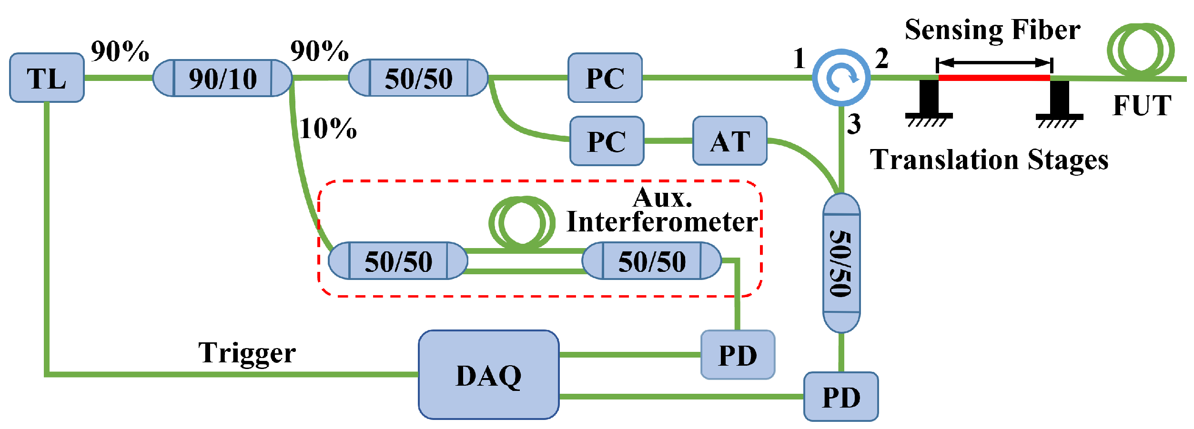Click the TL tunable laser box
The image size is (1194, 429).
click(x=47, y=78)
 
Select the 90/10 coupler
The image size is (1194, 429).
click(x=223, y=78)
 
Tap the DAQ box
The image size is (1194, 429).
click(x=488, y=375)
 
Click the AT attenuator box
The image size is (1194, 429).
click(x=729, y=141)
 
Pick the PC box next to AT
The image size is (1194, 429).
click(x=607, y=141)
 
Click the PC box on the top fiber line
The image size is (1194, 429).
click(x=605, y=78)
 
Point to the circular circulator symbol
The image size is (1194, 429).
click(x=841, y=77)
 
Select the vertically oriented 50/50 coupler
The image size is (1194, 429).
click(x=841, y=263)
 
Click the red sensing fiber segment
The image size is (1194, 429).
click(x=994, y=78)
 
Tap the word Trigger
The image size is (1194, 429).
click(x=247, y=353)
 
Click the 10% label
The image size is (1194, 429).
click(x=328, y=129)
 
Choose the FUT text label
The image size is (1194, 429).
click(x=1142, y=105)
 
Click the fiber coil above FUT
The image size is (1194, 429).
click(x=1141, y=49)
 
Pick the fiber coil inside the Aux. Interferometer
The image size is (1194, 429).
click(x=522, y=222)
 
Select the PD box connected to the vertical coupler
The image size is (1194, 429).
click(x=841, y=397)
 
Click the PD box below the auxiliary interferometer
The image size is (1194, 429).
click(x=738, y=355)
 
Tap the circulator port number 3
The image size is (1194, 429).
click(x=854, y=124)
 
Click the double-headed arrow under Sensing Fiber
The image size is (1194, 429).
click(x=994, y=62)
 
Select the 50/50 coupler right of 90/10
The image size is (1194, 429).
click(x=418, y=78)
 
